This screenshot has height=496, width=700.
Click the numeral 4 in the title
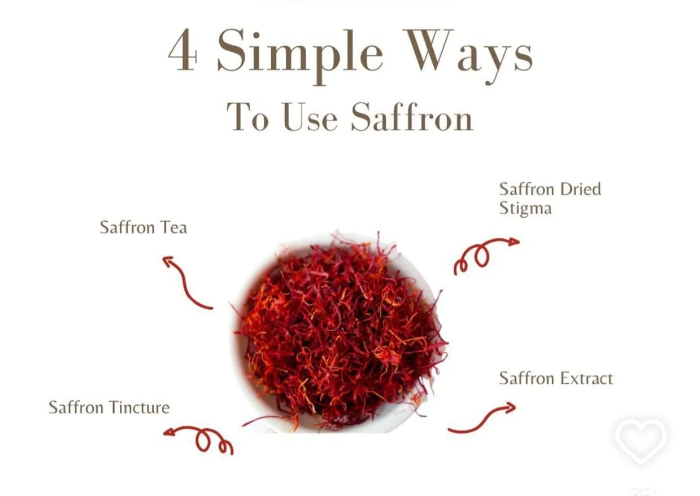tap(183, 50)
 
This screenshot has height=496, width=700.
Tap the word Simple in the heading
tap(300, 56)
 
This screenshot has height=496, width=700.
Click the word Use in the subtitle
tap(310, 117)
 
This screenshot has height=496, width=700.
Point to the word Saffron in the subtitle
tap(412, 116)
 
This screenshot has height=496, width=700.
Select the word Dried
tap(580, 189)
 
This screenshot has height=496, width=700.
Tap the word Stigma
tap(525, 208)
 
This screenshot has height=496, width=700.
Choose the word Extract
tap(586, 379)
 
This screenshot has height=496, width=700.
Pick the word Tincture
tap(140, 407)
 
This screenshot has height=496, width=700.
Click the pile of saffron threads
tap(339, 331)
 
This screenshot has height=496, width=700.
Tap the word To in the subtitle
tap(247, 117)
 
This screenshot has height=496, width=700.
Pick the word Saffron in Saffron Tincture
tap(76, 407)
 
